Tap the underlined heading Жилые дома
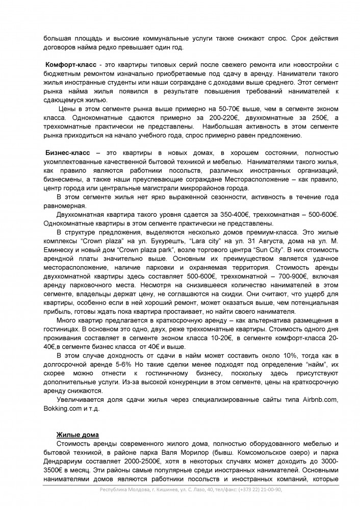[78, 434]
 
